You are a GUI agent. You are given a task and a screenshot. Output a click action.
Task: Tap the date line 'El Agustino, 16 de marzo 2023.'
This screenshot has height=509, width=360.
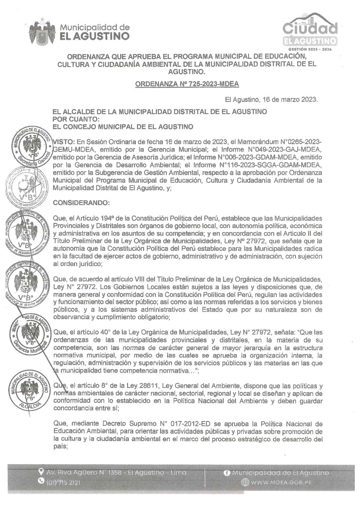pyautogui.click(x=271, y=99)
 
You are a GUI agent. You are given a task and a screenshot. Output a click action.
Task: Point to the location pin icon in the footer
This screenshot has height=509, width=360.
pyautogui.click(x=41, y=472)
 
